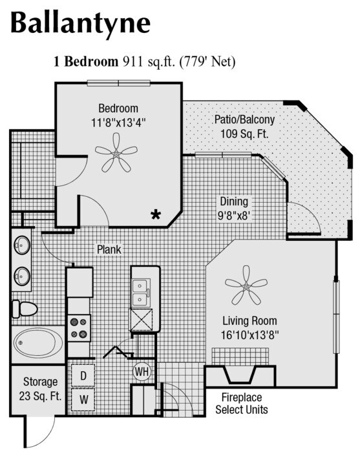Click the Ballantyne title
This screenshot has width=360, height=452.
coord(80,23)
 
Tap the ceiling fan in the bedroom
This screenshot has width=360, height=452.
coord(116,153)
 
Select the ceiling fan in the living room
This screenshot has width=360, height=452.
coord(246,285)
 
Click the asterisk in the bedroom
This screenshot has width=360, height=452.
coord(156,214)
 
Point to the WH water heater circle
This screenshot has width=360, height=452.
coord(142,371)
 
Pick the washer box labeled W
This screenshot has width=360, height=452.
coord(83,399)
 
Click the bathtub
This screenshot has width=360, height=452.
coord(37,342)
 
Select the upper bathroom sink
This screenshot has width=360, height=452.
coord(23,245)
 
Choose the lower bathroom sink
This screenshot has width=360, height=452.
coord(23,276)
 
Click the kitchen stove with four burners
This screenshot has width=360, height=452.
coord(79,327)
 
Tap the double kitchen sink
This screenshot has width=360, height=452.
coord(142,293)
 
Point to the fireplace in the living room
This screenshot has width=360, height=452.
coord(240,375)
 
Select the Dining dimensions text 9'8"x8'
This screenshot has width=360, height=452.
coord(233,215)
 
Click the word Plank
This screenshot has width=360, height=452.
coord(109,249)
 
